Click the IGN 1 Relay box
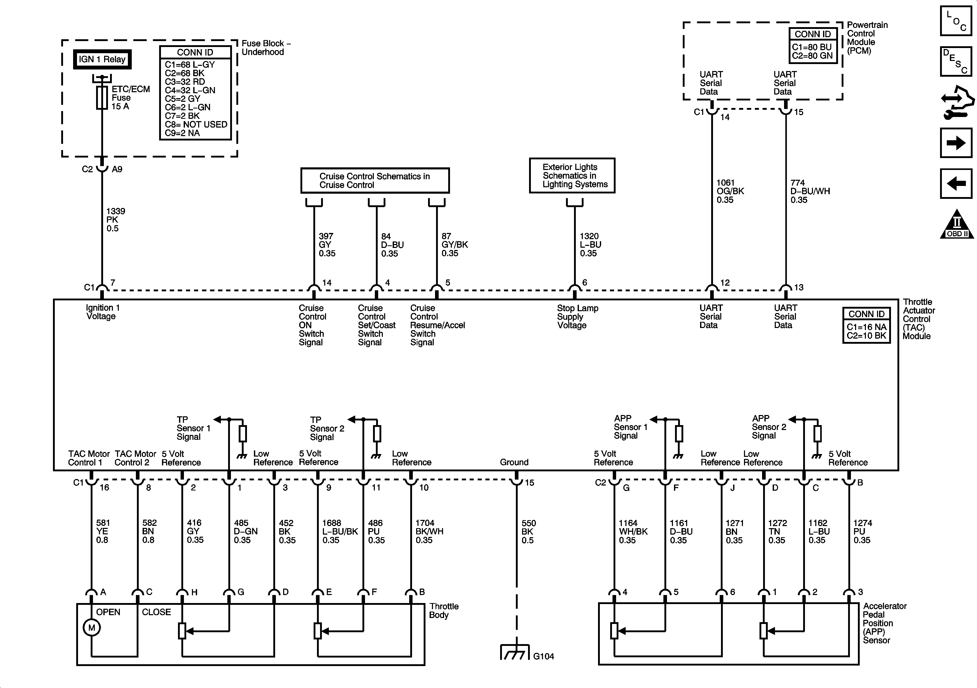click(102, 59)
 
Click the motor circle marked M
click(91, 628)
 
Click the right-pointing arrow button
click(956, 143)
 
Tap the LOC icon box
click(956, 20)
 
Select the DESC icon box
click(956, 61)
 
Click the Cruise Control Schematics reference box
click(375, 181)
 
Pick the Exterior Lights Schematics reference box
click(572, 176)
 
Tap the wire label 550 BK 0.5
click(529, 531)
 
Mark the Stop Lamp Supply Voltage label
click(577, 317)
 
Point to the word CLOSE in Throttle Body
click(156, 612)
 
